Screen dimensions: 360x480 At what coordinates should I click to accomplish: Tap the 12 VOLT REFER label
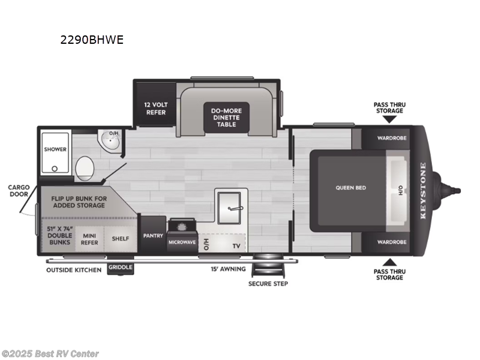click(x=155, y=107)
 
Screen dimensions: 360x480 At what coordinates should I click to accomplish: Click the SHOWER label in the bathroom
click(x=56, y=149)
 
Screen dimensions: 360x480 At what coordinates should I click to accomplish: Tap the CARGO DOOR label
click(x=19, y=190)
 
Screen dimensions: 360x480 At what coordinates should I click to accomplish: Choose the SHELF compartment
click(x=120, y=238)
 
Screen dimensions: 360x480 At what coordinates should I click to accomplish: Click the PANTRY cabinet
click(x=152, y=236)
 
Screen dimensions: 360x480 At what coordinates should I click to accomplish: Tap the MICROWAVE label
click(x=182, y=242)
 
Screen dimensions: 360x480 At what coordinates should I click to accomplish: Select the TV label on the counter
click(x=236, y=246)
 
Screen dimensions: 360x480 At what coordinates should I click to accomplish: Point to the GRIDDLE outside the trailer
click(x=121, y=269)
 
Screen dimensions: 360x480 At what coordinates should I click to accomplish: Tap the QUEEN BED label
click(x=350, y=188)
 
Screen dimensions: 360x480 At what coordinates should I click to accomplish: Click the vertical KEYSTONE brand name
click(x=422, y=191)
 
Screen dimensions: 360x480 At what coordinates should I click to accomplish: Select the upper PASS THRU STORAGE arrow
click(x=389, y=121)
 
